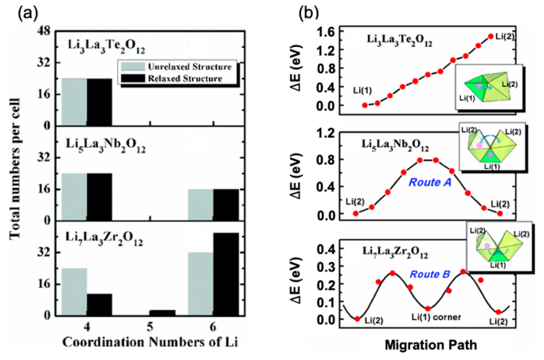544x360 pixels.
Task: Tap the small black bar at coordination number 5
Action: pyautogui.click(x=162, y=312)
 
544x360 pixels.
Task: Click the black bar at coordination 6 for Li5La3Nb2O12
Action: pyautogui.click(x=225, y=205)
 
